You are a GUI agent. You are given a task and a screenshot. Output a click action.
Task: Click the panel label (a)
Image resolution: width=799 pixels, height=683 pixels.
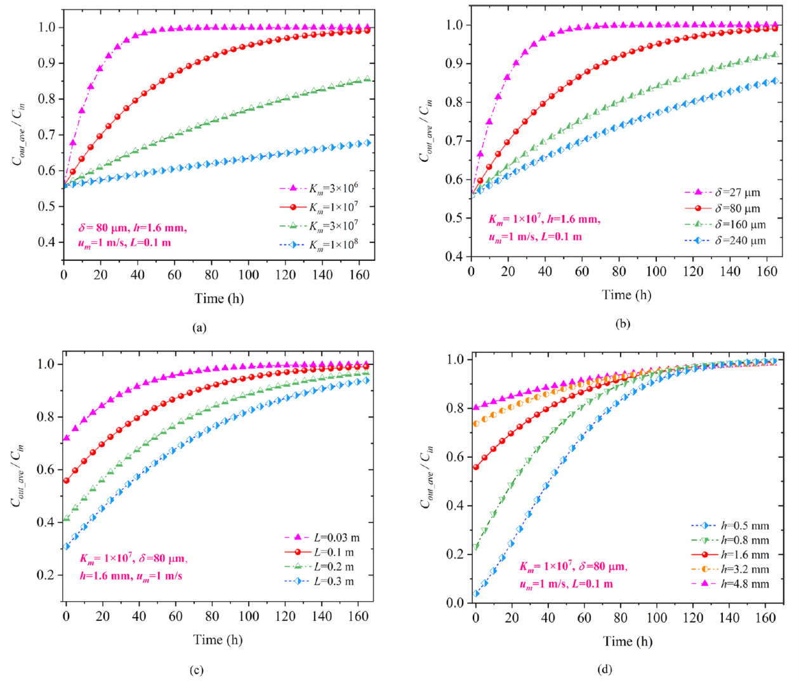[x=200, y=328]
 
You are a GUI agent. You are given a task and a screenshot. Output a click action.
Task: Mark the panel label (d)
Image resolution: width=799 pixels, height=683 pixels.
[x=605, y=669]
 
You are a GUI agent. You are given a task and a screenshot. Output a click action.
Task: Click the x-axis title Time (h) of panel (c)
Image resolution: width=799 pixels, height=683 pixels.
[x=218, y=640]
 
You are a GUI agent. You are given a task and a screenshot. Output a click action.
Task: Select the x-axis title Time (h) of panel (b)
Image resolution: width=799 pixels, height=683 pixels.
[x=626, y=295]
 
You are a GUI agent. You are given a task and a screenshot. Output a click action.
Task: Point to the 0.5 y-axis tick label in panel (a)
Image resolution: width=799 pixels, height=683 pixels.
[x=47, y=206]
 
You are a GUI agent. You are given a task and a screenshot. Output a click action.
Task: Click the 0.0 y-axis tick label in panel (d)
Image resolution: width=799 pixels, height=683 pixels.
[x=456, y=603]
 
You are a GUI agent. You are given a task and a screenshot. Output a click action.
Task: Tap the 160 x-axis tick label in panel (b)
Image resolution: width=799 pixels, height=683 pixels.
[x=767, y=272]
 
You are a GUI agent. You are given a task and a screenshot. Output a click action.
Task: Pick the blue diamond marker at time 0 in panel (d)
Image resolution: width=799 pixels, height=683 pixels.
[x=476, y=594]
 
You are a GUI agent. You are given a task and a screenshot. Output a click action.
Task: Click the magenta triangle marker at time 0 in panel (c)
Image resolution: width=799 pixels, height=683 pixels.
[x=66, y=438]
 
